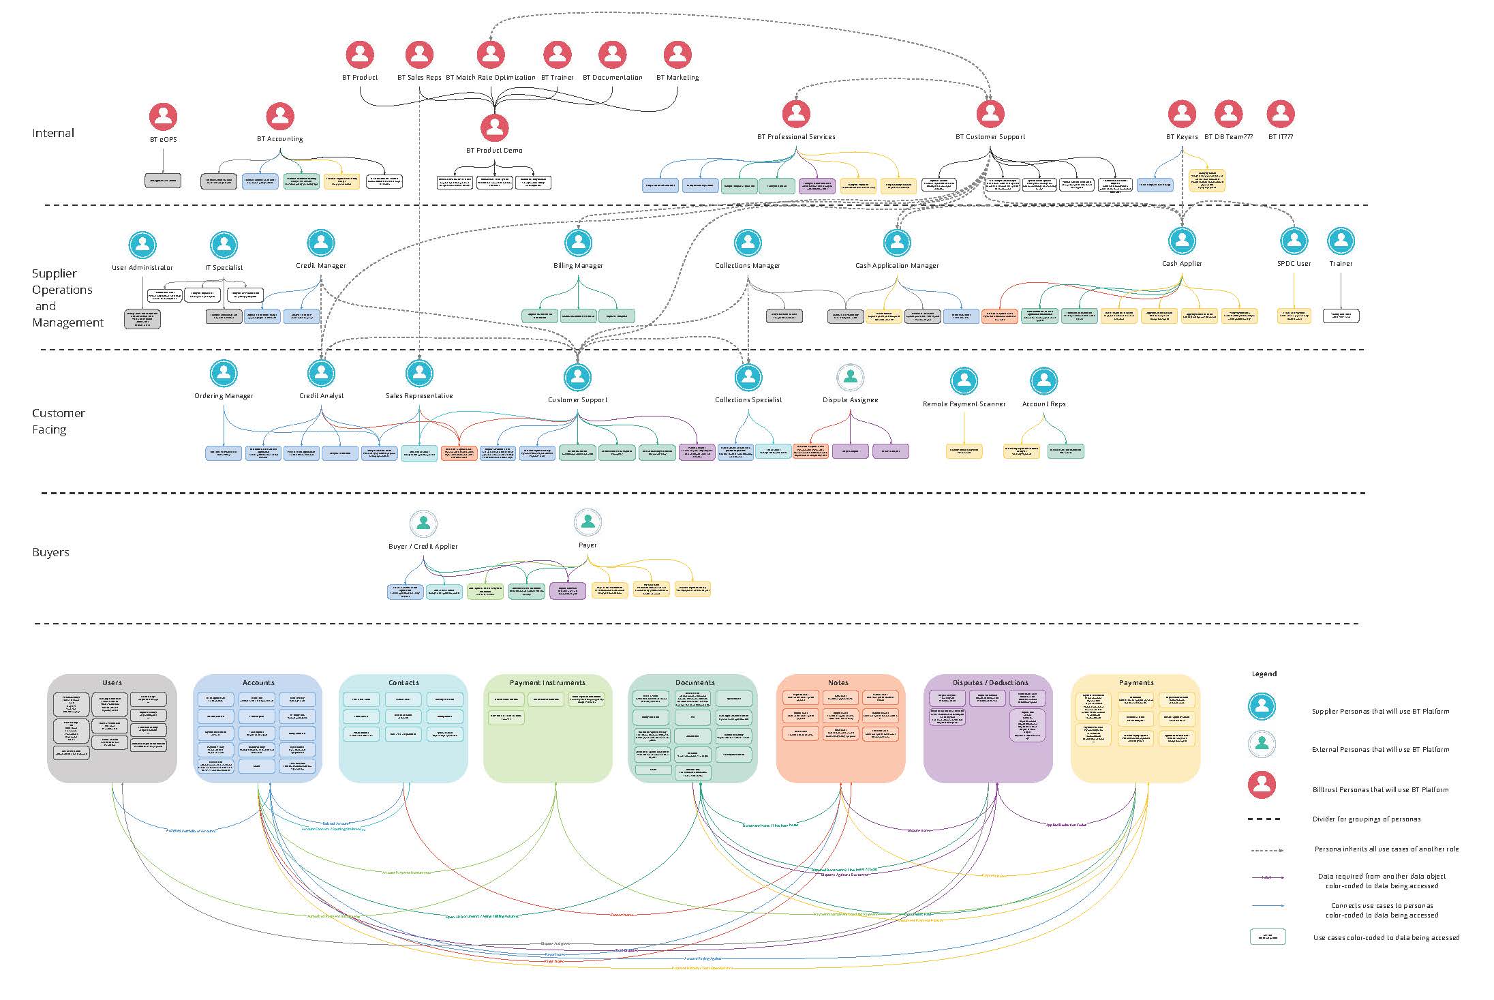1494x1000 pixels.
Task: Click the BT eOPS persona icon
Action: click(x=163, y=117)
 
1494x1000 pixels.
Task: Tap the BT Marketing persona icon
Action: click(x=677, y=55)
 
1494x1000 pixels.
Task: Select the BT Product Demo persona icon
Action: click(x=494, y=127)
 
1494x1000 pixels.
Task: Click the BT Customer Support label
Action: click(x=990, y=137)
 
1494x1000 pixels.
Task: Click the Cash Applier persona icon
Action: click(x=1182, y=241)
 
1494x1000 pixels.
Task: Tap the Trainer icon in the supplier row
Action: click(x=1341, y=241)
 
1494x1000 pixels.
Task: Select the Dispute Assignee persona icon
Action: click(x=850, y=377)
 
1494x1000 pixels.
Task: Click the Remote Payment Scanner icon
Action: click(x=964, y=381)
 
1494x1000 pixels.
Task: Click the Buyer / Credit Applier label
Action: click(x=423, y=547)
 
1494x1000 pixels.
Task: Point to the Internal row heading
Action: click(x=53, y=133)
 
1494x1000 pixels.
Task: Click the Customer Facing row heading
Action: click(x=58, y=421)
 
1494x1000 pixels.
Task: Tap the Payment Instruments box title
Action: click(x=547, y=682)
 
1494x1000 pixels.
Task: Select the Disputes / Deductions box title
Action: click(x=988, y=682)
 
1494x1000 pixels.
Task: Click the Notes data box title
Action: click(x=838, y=682)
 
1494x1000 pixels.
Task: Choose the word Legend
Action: click(x=1264, y=673)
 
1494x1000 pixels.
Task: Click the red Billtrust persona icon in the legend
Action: click(x=1262, y=785)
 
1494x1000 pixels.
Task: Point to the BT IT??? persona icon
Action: click(x=1280, y=114)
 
